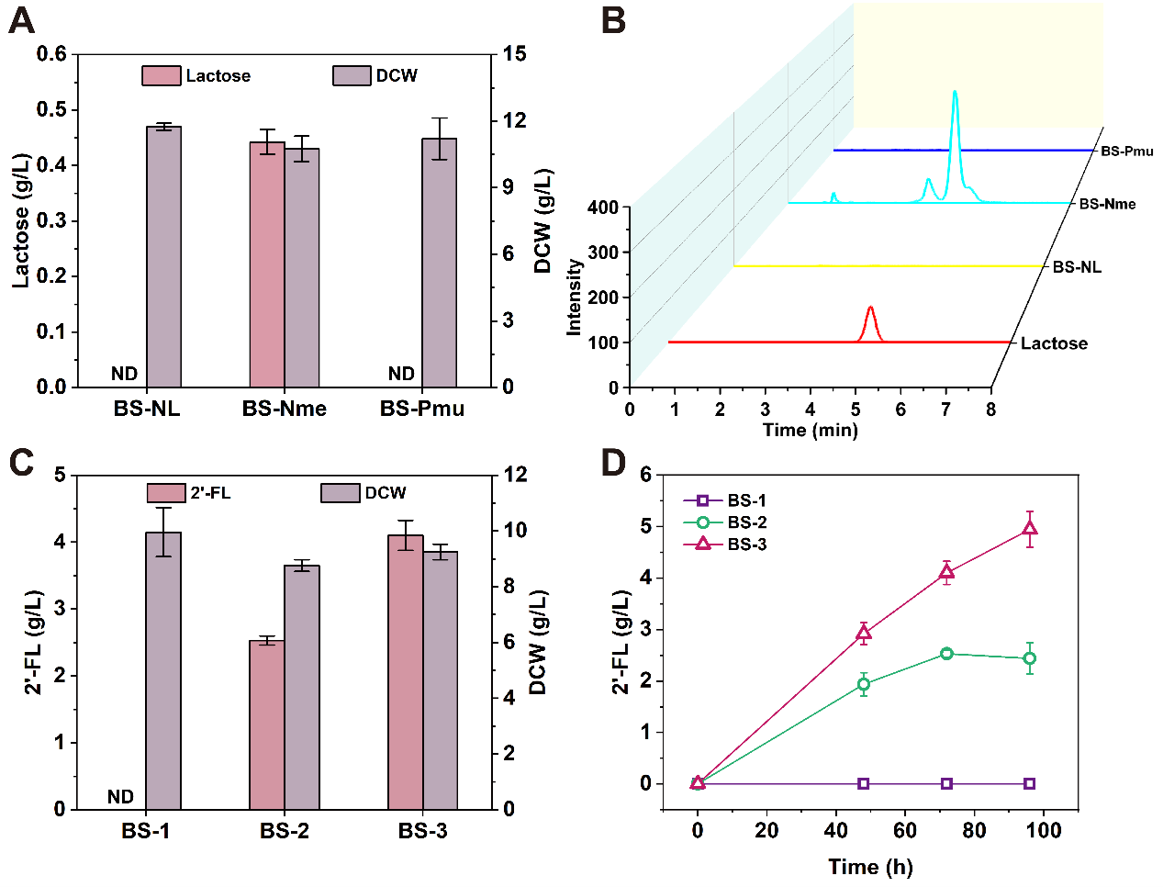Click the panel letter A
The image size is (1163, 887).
21,20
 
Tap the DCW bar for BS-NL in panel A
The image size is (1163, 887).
163,257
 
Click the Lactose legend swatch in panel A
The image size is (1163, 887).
161,75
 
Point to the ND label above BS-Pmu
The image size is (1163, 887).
401,374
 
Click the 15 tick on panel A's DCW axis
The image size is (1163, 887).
515,54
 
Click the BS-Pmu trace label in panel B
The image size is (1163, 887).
1126,151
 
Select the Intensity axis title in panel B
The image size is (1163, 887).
575,297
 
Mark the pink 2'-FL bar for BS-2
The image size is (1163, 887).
267,725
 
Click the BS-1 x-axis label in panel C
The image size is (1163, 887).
146,832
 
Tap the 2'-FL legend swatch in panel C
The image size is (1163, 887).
166,493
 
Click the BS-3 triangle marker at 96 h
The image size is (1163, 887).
1030,528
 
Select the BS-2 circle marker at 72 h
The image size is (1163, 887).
946,654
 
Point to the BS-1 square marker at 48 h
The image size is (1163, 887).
864,783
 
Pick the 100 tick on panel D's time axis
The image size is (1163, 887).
1044,831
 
